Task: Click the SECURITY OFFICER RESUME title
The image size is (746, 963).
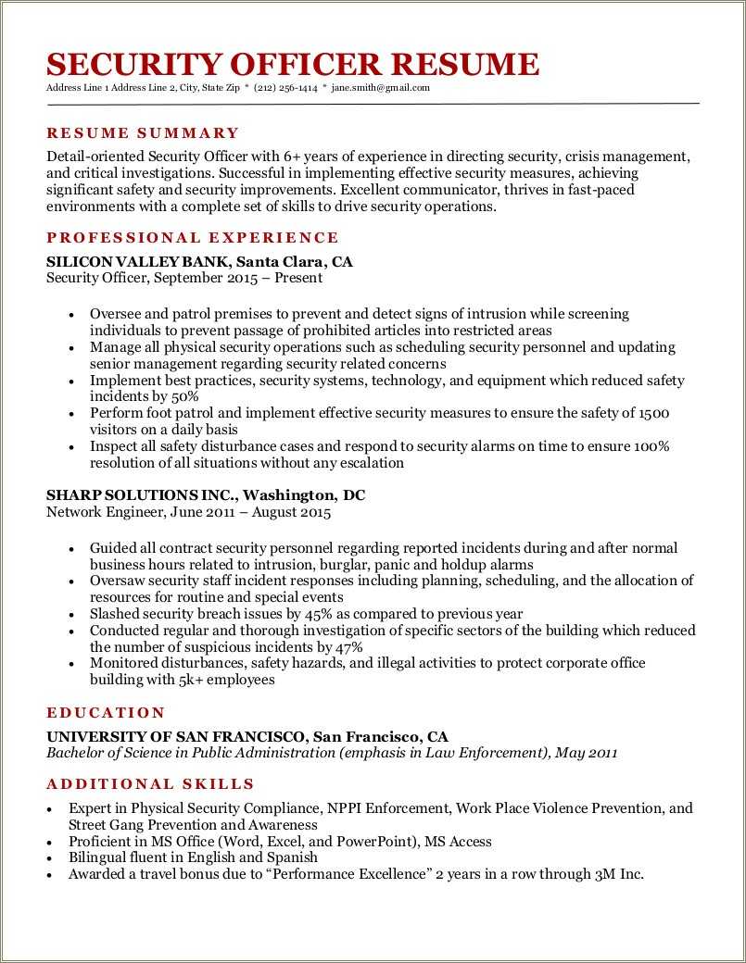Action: coord(292,64)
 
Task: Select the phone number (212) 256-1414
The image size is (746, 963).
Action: coord(285,88)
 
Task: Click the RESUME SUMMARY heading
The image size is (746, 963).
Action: coord(143,133)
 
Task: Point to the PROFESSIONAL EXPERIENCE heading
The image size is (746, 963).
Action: coord(193,238)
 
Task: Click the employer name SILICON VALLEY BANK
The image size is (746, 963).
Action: coord(135,262)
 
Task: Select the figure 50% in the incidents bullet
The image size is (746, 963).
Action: coord(183,396)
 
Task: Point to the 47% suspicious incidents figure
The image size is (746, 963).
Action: coord(347,647)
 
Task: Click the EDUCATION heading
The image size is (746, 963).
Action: coord(106,713)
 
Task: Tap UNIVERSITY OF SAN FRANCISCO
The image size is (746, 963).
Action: coord(176,737)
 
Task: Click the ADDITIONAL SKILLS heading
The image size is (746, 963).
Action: coord(150,784)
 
